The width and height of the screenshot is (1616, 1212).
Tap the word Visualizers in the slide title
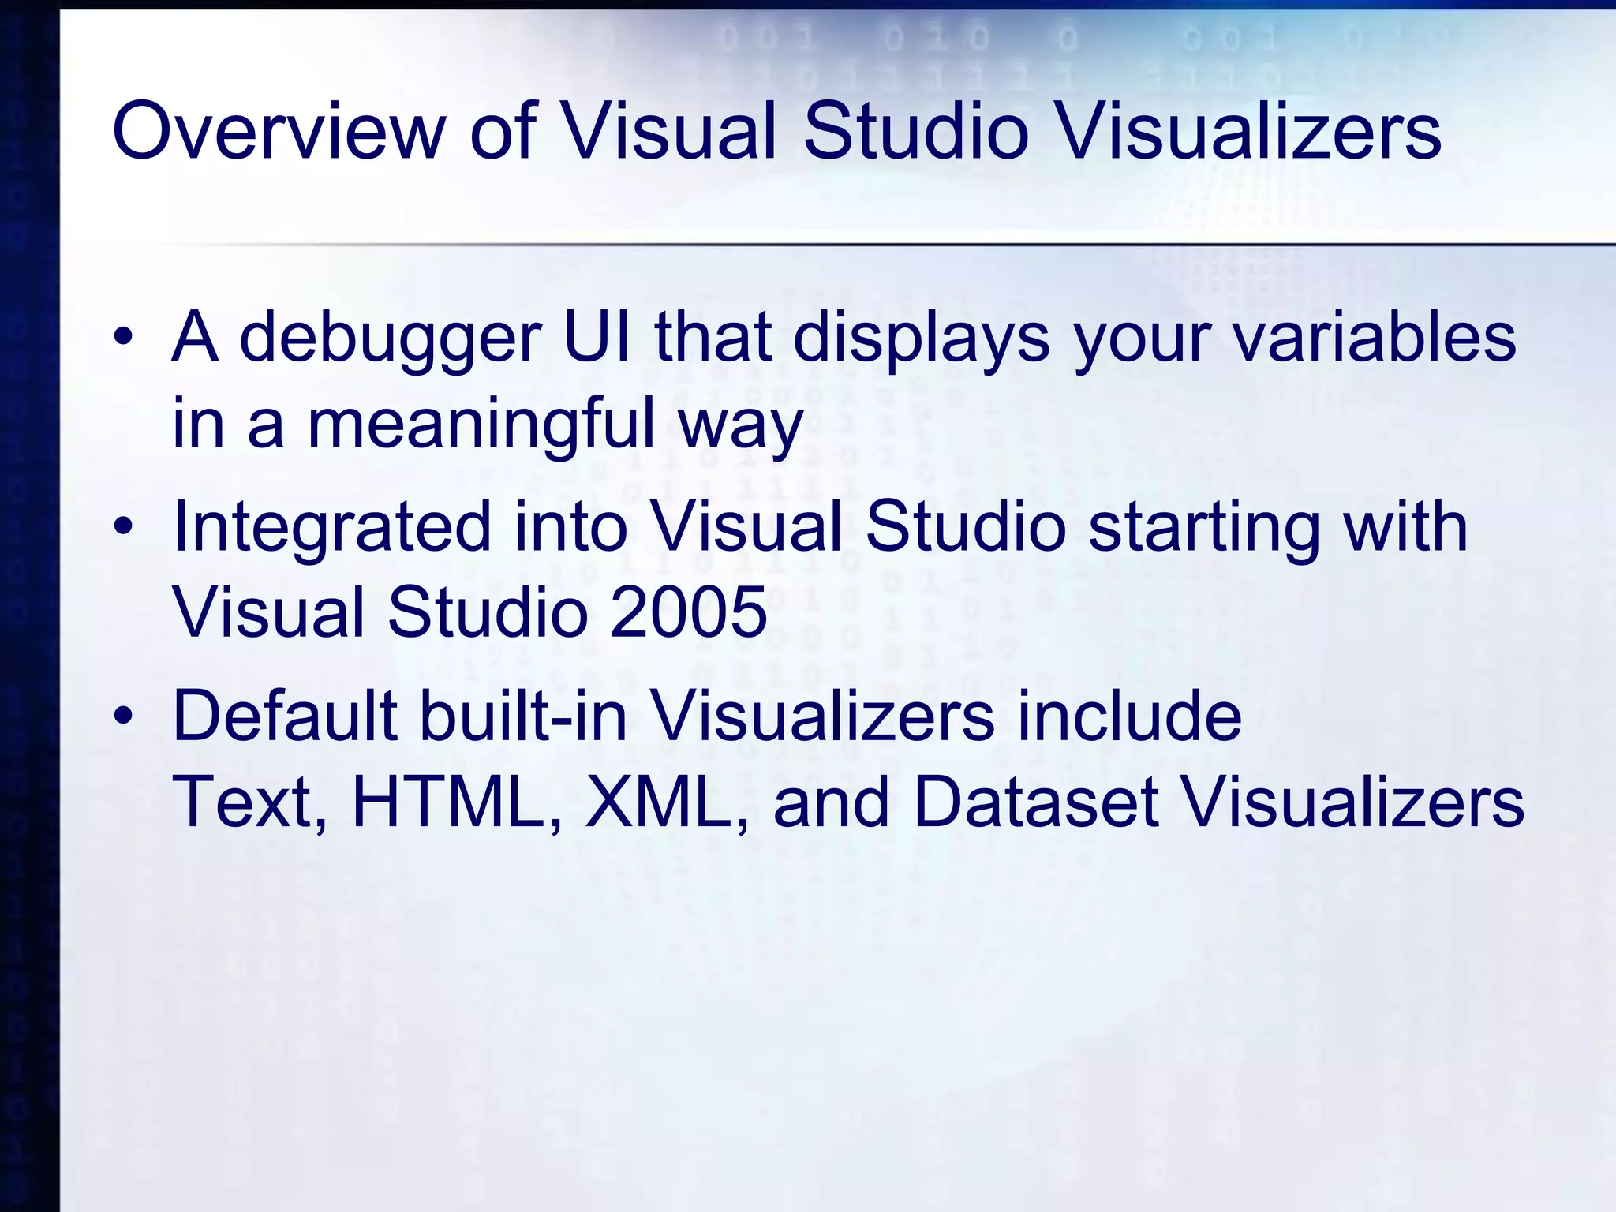click(x=1249, y=131)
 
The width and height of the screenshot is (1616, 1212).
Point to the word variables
click(x=1374, y=338)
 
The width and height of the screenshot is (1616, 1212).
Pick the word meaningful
click(x=481, y=424)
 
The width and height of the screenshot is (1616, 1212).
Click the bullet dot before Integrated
click(x=123, y=527)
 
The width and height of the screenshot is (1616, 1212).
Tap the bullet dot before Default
click(x=123, y=716)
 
